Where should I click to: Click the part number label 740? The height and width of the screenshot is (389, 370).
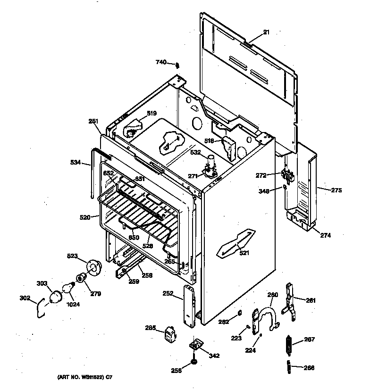point(161,62)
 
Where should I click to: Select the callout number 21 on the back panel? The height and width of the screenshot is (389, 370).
point(266,32)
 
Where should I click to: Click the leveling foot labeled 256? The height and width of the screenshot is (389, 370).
point(194,362)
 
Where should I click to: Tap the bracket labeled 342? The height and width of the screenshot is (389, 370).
point(196,345)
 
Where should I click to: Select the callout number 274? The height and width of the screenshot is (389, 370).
point(326,235)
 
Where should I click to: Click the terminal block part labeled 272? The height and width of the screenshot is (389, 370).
point(286,176)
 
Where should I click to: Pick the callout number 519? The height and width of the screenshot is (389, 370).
point(151,113)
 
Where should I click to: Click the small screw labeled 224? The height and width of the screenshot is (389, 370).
point(261,335)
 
